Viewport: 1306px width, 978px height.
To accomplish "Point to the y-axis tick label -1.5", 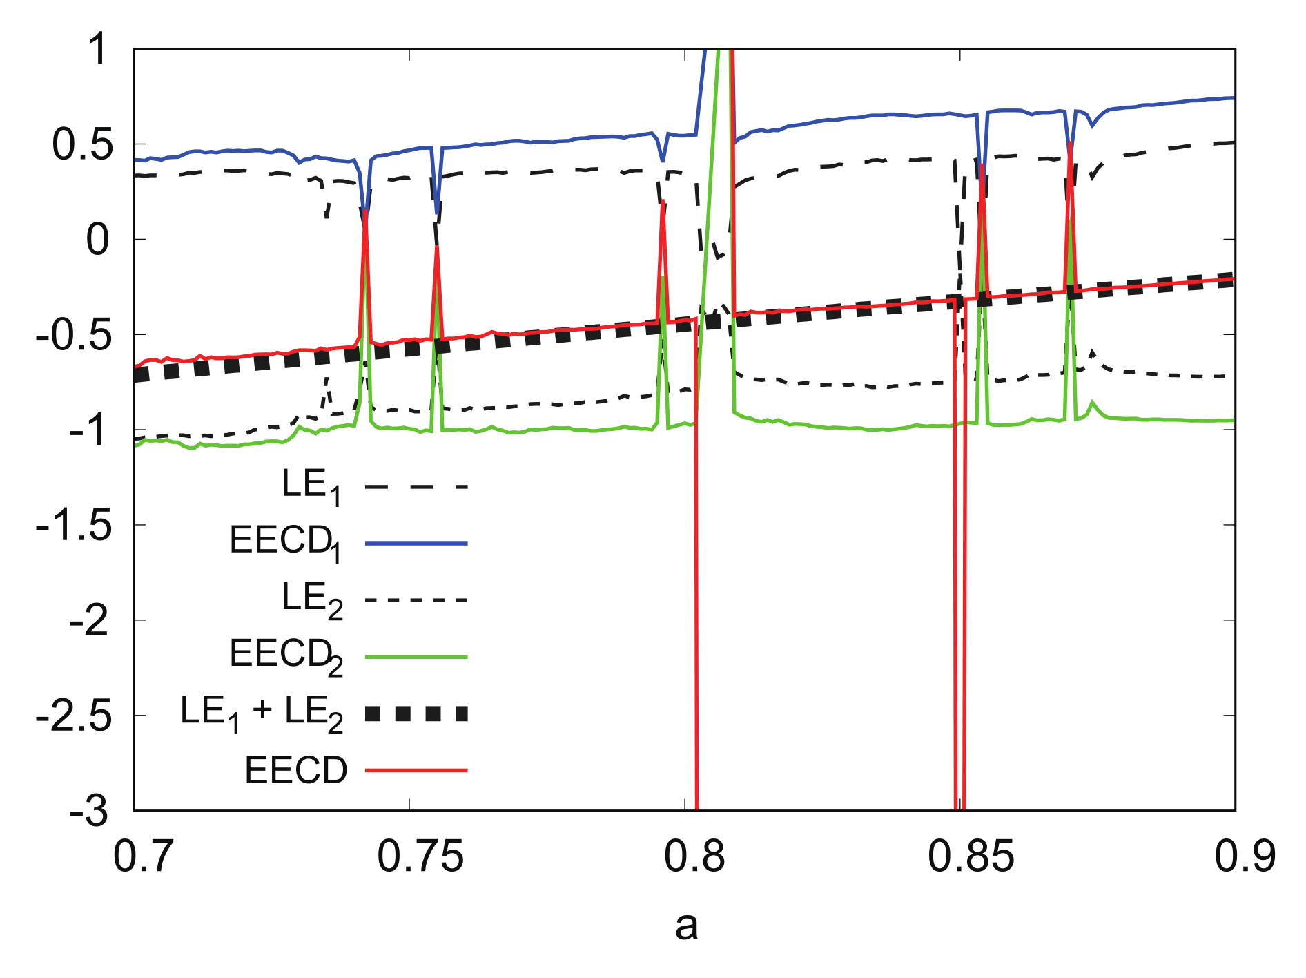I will click(73, 526).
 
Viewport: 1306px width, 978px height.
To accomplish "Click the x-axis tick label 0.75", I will click(420, 856).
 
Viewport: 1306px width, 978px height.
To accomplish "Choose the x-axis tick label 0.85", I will click(971, 856).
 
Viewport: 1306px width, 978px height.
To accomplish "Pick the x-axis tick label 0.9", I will click(1245, 856).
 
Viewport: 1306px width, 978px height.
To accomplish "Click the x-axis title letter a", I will click(686, 926).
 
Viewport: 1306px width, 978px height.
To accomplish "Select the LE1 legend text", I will click(311, 486).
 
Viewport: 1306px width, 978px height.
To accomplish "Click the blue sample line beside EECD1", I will click(416, 544).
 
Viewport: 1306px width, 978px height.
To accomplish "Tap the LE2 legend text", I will click(311, 600).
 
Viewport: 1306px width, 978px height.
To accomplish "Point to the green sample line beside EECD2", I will click(416, 657).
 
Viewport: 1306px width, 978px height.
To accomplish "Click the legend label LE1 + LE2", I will click(261, 713).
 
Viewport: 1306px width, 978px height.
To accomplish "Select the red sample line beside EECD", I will click(416, 770).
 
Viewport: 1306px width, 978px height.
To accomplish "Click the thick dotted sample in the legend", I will click(416, 713).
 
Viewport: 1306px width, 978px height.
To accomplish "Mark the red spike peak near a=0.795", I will click(663, 202).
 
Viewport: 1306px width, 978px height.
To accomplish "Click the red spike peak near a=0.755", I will click(437, 247).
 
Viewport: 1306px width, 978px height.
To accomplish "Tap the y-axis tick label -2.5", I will click(73, 717).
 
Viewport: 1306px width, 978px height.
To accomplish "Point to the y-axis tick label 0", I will click(97, 240).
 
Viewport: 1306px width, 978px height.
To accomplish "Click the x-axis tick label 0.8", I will click(694, 856).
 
